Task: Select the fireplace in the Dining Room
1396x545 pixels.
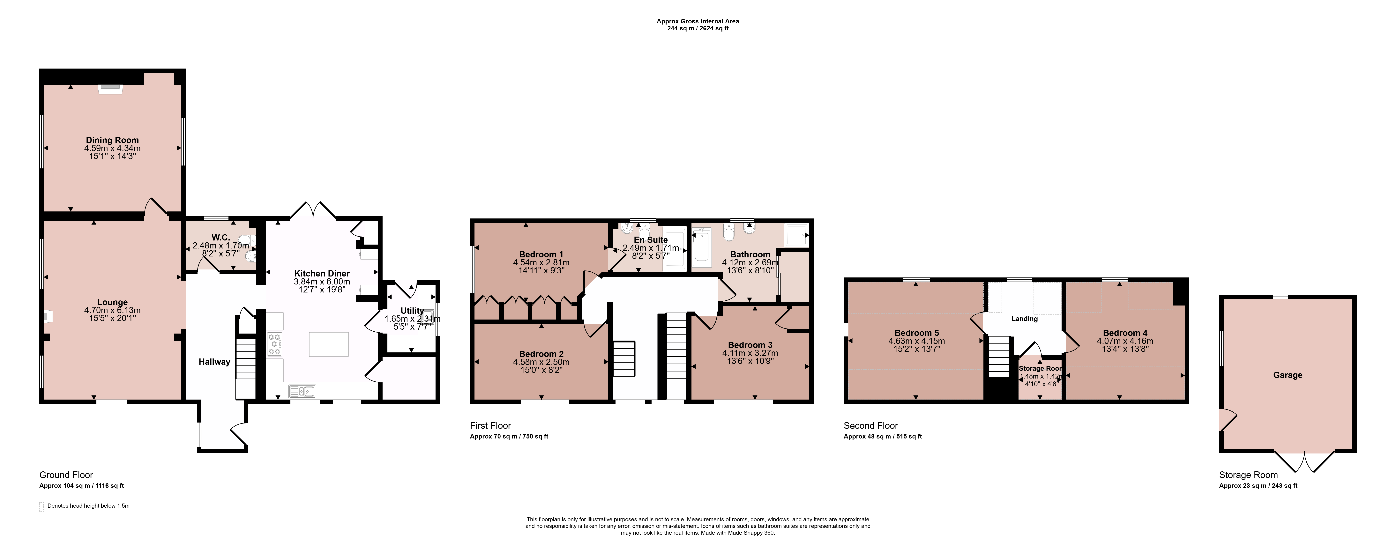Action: click(111, 89)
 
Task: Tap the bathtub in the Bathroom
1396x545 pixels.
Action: click(702, 248)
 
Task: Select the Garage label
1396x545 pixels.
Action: click(1288, 375)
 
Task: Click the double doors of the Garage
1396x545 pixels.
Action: click(1304, 462)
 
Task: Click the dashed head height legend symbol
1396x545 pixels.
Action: click(41, 506)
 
